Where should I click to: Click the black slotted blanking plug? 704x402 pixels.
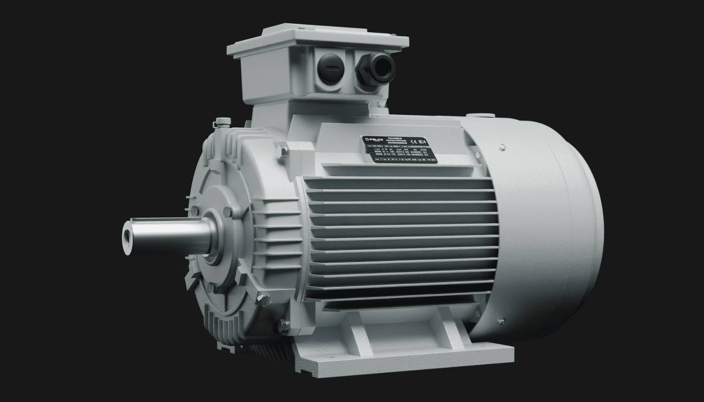click(327, 68)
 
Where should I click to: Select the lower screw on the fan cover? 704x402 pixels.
click(503, 321)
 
